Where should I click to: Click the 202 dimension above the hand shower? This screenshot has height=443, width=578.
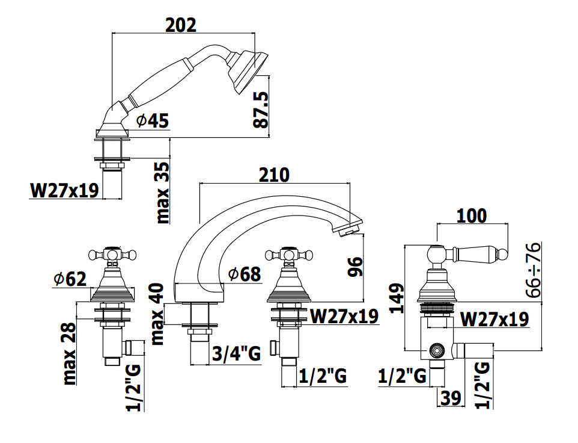[181, 25]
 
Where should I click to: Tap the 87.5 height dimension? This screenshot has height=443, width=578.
[261, 110]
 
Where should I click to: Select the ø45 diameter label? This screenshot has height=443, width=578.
[152, 121]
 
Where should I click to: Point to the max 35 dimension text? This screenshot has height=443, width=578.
[163, 193]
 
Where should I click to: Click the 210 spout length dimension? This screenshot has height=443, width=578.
[274, 175]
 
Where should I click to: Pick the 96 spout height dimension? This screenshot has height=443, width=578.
[355, 267]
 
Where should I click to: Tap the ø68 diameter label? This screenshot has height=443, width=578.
[245, 274]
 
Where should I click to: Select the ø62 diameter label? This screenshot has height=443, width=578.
[70, 279]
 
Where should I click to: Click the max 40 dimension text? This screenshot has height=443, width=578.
[157, 314]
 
